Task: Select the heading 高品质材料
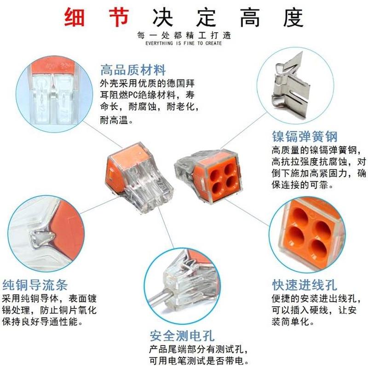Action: (133, 70)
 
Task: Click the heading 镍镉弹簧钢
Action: (305, 137)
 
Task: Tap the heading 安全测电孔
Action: (182, 335)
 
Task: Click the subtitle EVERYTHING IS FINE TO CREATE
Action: (184, 43)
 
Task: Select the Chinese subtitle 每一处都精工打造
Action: (184, 35)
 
